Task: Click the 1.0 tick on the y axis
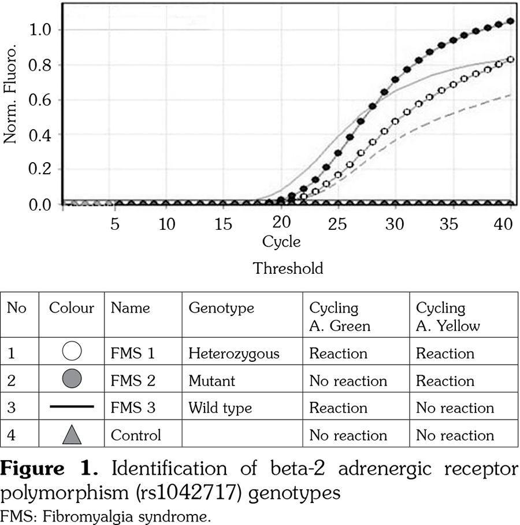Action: (43, 30)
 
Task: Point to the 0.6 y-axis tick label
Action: (43, 100)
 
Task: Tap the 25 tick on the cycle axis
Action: (336, 223)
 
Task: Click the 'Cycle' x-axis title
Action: (281, 241)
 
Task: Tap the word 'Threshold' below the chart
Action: (288, 269)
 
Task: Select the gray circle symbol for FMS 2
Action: (72, 380)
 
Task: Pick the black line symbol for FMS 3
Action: (72, 407)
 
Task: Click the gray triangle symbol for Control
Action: (72, 435)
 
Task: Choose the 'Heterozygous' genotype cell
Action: (233, 353)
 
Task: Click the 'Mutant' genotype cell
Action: (211, 381)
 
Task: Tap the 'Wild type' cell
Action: (220, 408)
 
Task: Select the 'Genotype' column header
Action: (221, 308)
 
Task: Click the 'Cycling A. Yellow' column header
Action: (448, 317)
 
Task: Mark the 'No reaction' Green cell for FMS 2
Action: (348, 381)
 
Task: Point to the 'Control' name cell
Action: (136, 435)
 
